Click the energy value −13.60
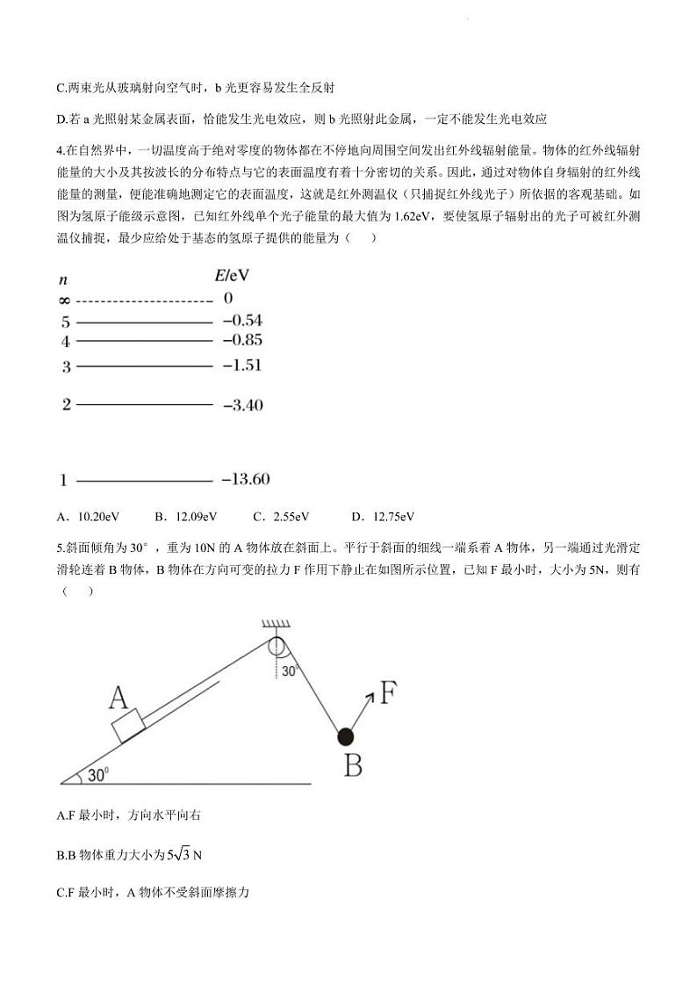[x=245, y=479]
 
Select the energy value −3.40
[x=243, y=405]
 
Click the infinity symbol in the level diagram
[x=64, y=300]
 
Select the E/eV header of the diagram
[x=232, y=275]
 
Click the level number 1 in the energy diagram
[x=64, y=481]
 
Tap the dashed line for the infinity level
[x=144, y=301]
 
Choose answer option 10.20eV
[x=98, y=517]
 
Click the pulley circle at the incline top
[x=277, y=647]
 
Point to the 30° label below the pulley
[x=291, y=671]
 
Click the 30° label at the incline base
[x=97, y=774]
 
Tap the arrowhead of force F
[x=370, y=696]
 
